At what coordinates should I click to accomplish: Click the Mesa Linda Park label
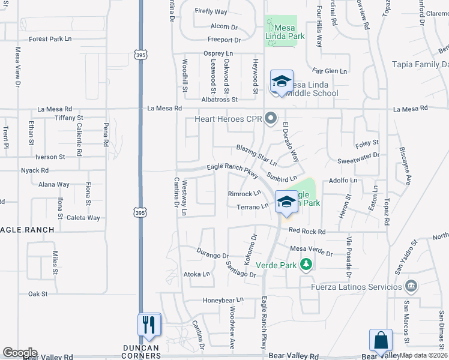(285, 32)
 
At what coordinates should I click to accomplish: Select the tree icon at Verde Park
(306, 265)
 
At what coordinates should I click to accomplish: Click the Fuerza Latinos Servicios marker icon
(411, 285)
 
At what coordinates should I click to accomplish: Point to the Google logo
(20, 353)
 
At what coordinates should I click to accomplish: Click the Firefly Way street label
(211, 11)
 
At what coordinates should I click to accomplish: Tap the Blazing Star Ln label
(256, 155)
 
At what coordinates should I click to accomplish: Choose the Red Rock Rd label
(307, 232)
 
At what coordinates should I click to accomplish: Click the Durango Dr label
(213, 255)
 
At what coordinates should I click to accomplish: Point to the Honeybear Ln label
(223, 300)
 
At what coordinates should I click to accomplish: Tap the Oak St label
(37, 294)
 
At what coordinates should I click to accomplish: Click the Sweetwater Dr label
(358, 155)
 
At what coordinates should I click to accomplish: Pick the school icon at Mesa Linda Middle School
(282, 81)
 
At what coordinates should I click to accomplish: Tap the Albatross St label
(220, 100)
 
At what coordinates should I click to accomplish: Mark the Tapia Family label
(420, 65)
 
